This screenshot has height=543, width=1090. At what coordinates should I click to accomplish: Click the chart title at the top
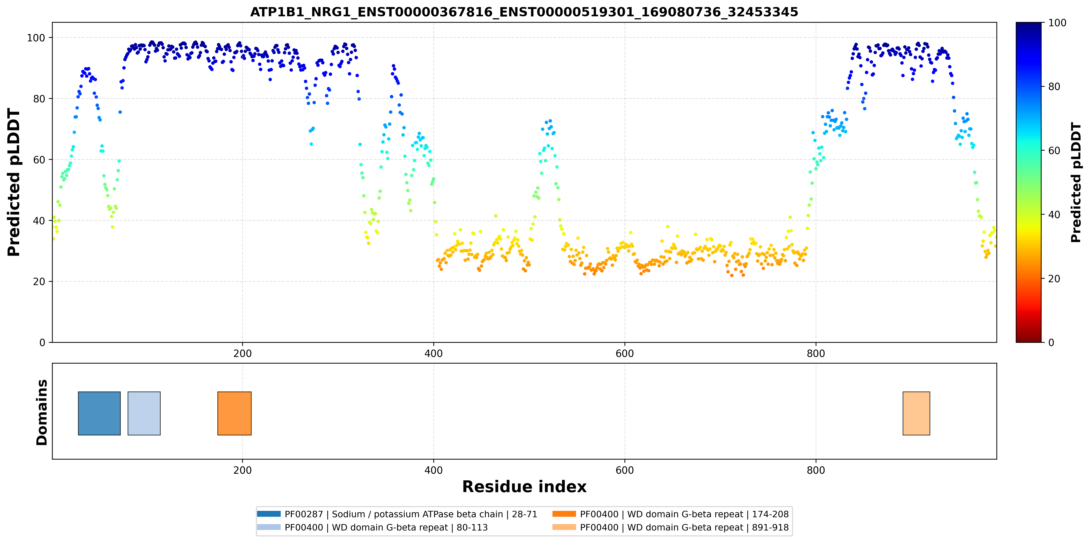tap(524, 12)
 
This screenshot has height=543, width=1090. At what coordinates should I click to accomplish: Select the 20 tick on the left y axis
tap(39, 282)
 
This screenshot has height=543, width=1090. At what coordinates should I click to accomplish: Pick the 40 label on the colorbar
tap(1054, 215)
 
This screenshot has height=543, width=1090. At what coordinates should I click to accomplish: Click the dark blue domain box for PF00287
tap(99, 413)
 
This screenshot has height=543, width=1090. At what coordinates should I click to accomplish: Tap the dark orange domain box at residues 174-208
tap(234, 413)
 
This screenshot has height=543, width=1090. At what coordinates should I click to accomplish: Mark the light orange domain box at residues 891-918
tap(917, 413)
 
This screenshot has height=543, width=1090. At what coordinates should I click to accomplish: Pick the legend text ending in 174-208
tap(685, 514)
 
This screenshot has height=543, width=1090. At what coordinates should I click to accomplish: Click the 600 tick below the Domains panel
tap(625, 470)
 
